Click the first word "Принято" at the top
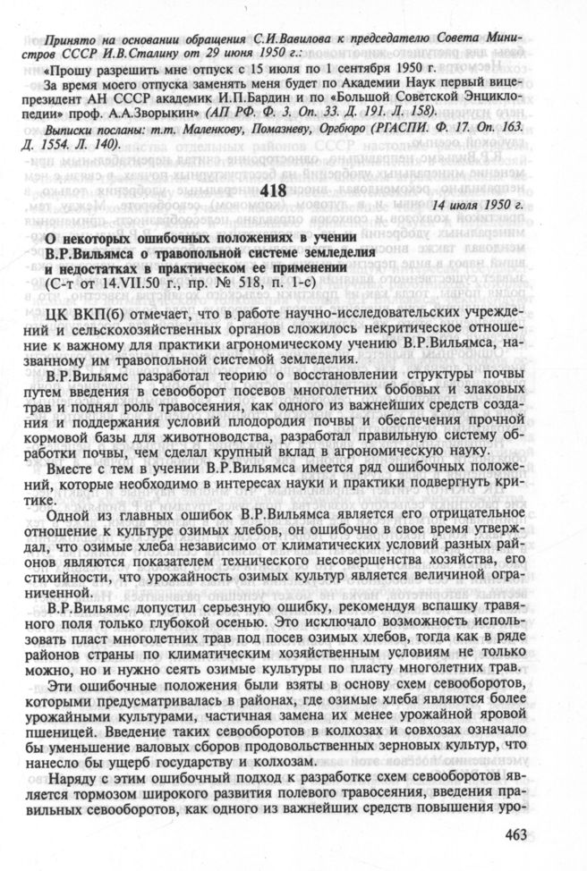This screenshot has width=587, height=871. click(66, 42)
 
